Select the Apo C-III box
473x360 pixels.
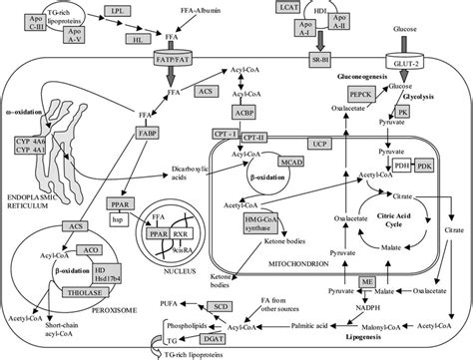[33, 15]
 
